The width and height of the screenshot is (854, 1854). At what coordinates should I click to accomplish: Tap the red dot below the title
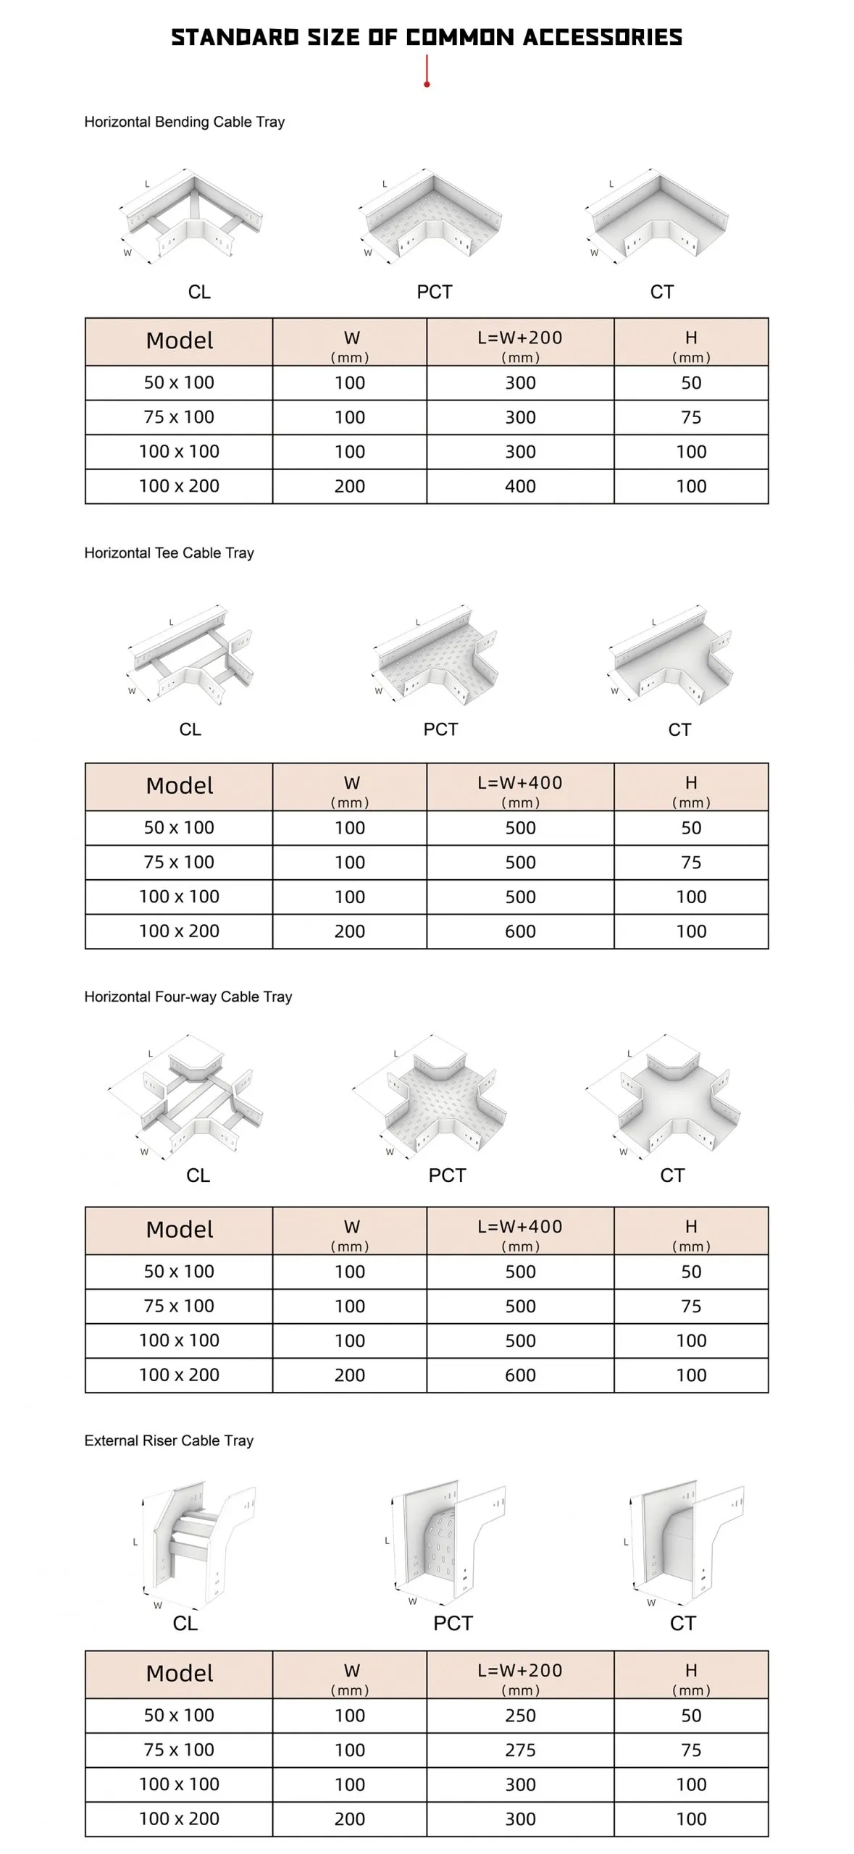click(427, 85)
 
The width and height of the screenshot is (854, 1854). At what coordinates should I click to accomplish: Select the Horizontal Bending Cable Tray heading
click(184, 122)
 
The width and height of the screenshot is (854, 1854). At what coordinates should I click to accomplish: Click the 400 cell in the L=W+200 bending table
click(520, 486)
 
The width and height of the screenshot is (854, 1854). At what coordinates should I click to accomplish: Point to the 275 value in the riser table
click(520, 1750)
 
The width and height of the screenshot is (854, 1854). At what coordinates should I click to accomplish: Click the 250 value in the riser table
click(520, 1715)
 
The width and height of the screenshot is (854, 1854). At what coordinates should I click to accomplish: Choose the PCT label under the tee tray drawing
click(440, 729)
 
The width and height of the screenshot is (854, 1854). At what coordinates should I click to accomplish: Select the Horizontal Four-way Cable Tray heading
click(188, 997)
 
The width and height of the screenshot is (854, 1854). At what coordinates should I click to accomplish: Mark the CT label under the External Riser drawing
click(682, 1623)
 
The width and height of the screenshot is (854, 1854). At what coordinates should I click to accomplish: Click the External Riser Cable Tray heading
click(169, 1440)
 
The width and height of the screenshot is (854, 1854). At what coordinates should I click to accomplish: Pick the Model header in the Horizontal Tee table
click(179, 786)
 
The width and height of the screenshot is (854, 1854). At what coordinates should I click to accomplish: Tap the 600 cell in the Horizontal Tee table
click(520, 931)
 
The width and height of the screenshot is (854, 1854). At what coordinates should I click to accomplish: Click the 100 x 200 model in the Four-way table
click(179, 1375)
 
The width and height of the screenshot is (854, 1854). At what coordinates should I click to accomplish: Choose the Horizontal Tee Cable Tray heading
click(169, 553)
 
